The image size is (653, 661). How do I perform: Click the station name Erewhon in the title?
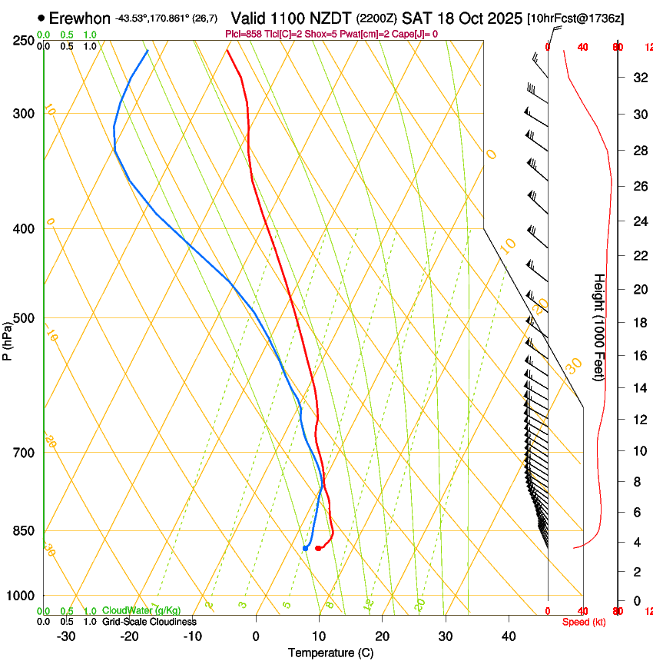pyautogui.click(x=81, y=18)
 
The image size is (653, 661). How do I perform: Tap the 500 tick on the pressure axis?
pyautogui.click(x=23, y=318)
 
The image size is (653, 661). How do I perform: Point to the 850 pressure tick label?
pyautogui.click(x=23, y=530)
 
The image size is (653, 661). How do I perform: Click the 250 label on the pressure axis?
pyautogui.click(x=23, y=40)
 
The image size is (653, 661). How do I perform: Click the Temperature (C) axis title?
pyautogui.click(x=330, y=653)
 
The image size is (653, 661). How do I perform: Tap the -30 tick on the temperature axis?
pyautogui.click(x=66, y=636)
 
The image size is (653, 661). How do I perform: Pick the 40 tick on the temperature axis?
pyautogui.click(x=509, y=636)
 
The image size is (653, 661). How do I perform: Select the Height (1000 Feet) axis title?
pyautogui.click(x=599, y=327)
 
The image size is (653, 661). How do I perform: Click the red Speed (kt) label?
pyautogui.click(x=584, y=622)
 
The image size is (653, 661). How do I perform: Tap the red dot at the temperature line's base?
pyautogui.click(x=318, y=548)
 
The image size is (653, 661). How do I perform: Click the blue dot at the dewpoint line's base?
pyautogui.click(x=305, y=548)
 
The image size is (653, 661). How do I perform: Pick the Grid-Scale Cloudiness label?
pyautogui.click(x=149, y=621)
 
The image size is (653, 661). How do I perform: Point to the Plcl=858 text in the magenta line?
pyautogui.click(x=245, y=34)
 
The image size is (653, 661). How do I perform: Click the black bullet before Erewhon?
pyautogui.click(x=41, y=17)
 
